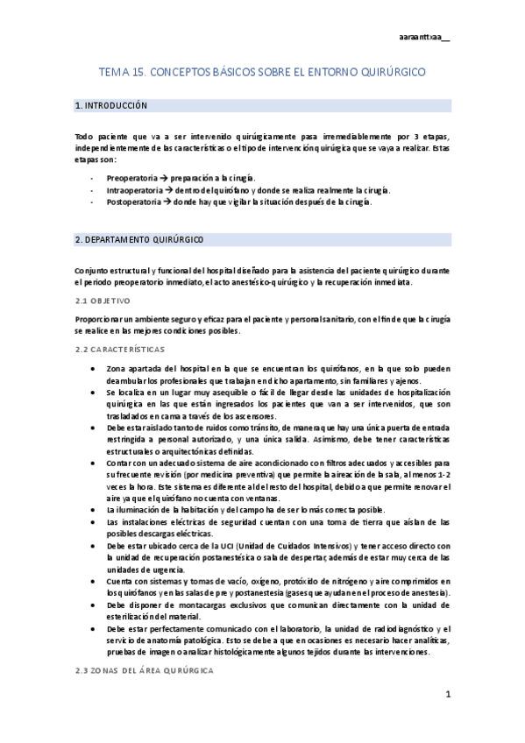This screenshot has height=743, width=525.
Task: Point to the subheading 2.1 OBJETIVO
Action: (x=103, y=301)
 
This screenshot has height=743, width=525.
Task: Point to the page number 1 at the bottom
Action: (x=447, y=696)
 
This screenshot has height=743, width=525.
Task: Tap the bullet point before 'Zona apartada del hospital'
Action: (x=94, y=369)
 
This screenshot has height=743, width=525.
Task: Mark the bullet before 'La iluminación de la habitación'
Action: (x=94, y=509)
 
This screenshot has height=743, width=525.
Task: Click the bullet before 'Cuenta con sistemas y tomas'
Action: (x=94, y=581)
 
